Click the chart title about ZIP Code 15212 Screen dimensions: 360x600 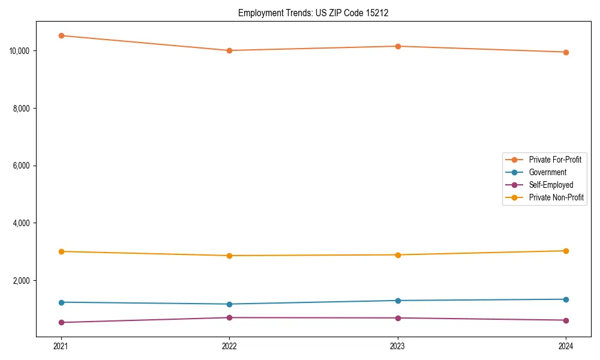click(313, 13)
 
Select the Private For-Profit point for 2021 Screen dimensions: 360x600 click(61, 35)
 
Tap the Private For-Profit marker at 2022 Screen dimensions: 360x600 click(229, 50)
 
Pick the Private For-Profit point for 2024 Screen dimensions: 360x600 click(566, 52)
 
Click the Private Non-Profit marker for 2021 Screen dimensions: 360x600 click(61, 251)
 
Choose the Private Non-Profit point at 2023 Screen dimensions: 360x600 click(398, 255)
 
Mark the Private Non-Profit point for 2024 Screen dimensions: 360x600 click(566, 251)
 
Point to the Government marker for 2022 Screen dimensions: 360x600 click(229, 304)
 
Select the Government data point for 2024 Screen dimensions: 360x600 click(566, 299)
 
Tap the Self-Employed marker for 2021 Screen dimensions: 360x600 click(61, 322)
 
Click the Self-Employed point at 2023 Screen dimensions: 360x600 click(398, 318)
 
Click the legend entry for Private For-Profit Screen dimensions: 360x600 click(554, 160)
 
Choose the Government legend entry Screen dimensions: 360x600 click(547, 172)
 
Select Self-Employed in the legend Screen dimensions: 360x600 click(551, 185)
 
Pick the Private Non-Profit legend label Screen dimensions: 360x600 click(556, 197)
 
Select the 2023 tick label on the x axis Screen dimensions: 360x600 click(398, 346)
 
